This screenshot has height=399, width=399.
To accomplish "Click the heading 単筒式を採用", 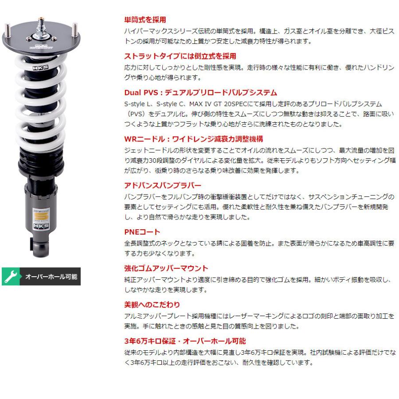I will coord(145,20).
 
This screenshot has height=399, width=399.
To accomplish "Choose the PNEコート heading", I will coord(141,231).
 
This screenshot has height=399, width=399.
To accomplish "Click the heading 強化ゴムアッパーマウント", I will coord(165,268).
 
